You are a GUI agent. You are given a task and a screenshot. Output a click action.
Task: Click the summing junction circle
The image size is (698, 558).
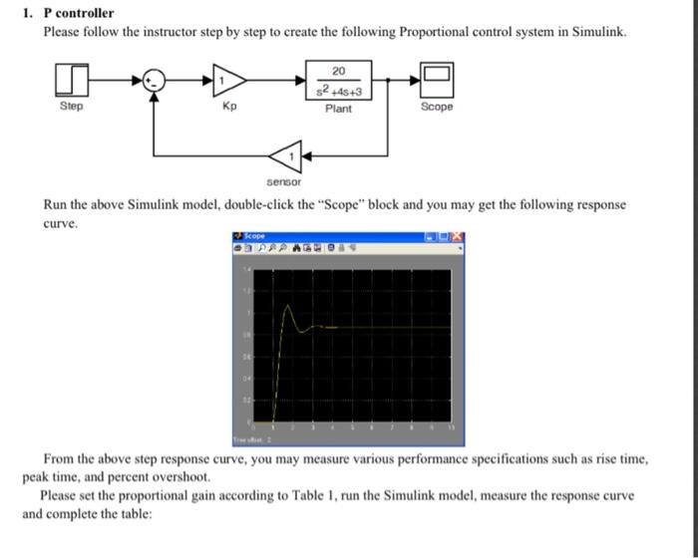click(153, 79)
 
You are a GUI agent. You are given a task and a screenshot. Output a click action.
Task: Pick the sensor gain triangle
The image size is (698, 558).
click(283, 156)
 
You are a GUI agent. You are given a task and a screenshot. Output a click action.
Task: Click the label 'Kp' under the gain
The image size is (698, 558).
click(229, 106)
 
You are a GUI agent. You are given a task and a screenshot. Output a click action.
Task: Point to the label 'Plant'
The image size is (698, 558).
click(339, 108)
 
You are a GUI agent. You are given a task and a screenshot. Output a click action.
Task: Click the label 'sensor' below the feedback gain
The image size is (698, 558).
click(283, 183)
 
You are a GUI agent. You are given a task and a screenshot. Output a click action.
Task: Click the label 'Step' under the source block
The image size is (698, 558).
click(72, 106)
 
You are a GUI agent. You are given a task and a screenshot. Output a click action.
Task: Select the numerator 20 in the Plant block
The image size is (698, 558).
click(339, 71)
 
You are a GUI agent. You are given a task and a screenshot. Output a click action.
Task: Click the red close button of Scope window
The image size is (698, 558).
click(457, 236)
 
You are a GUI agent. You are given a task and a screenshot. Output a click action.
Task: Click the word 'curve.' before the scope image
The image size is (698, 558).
click(60, 223)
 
